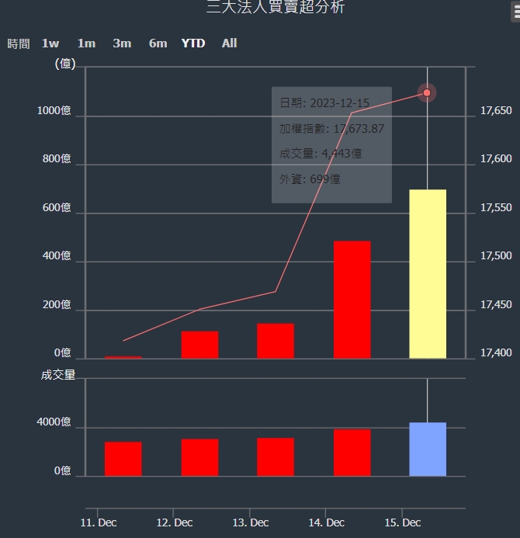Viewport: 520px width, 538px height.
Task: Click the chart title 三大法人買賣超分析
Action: coord(276,8)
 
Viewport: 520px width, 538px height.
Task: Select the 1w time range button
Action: coord(50,43)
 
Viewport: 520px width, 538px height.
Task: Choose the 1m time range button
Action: coord(86,43)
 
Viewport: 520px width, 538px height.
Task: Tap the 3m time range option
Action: coord(122,43)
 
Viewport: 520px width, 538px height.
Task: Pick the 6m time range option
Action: coord(158,43)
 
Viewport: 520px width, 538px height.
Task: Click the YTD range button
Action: coord(193,43)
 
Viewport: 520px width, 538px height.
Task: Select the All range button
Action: coord(229,43)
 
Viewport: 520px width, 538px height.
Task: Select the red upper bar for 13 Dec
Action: coord(276,341)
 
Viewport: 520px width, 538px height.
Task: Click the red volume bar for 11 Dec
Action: coord(123,459)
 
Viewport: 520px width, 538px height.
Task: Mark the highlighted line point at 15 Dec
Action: coord(427,93)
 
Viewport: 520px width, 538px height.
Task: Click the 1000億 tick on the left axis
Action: coord(54,111)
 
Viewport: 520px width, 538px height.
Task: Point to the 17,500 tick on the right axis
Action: coord(497,256)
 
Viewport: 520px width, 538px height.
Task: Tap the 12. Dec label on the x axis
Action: coord(175,522)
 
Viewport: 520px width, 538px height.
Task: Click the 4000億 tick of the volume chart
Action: coord(54,423)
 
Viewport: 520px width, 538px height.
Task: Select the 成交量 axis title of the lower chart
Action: coord(58,375)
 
